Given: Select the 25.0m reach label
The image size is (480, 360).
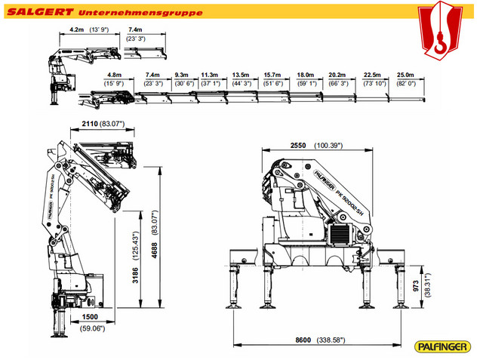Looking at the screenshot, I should (405, 75).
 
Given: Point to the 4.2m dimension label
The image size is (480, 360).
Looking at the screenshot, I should (75, 29).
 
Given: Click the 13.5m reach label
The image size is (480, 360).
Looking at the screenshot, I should (241, 75).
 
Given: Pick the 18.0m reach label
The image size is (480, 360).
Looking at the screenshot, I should (305, 75).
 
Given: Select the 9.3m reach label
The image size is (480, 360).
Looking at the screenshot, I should (181, 75).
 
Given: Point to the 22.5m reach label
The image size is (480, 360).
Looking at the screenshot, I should (372, 75).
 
